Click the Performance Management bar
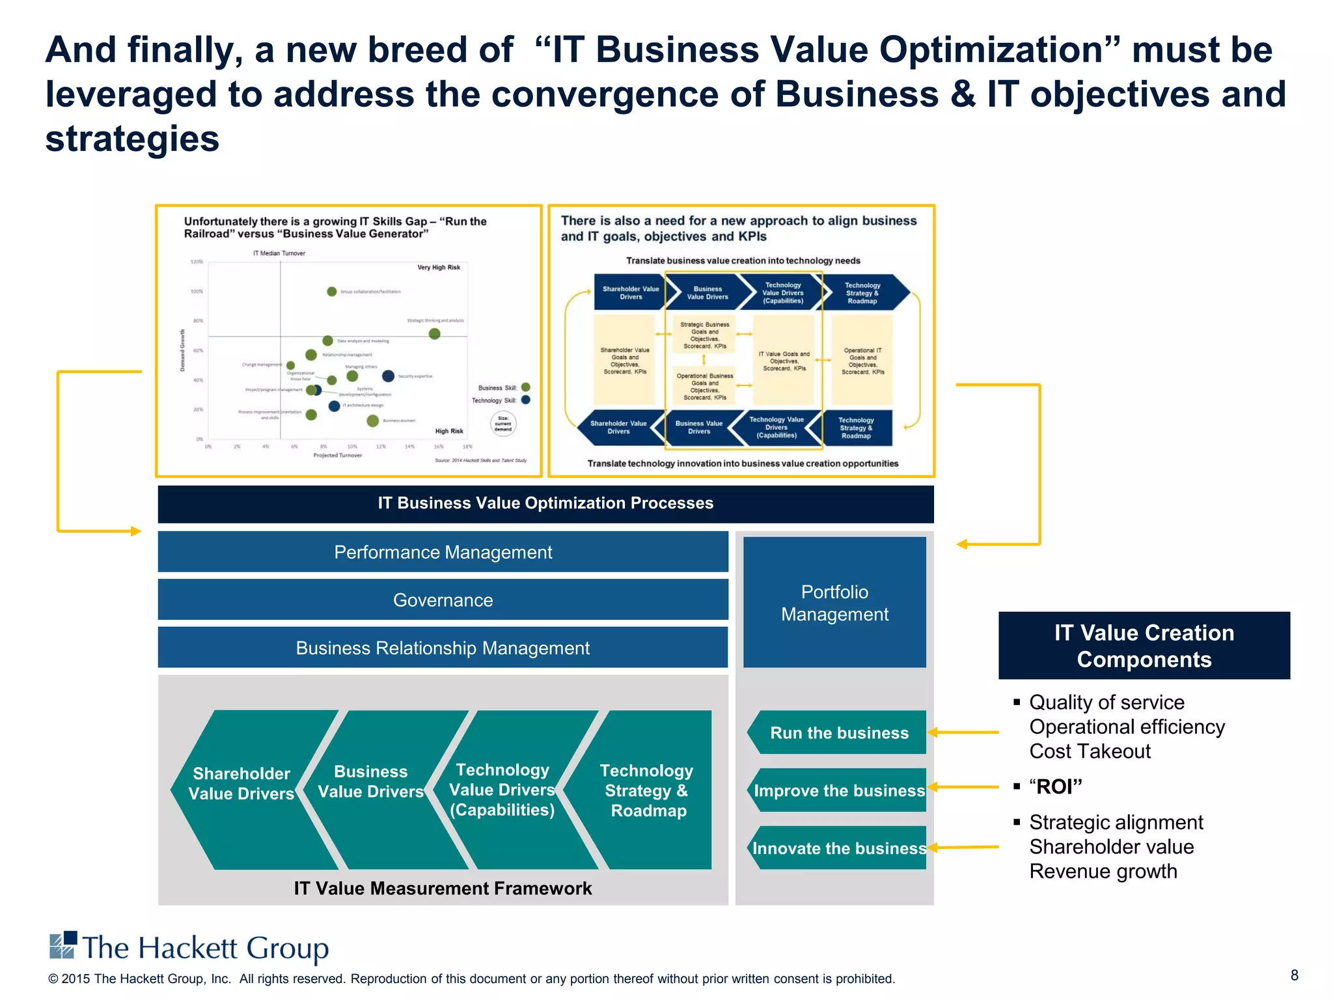[443, 552]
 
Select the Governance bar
[443, 600]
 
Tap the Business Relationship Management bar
[443, 648]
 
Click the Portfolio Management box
[834, 603]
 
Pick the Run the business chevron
[838, 732]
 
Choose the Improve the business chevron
[838, 790]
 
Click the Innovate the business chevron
[838, 848]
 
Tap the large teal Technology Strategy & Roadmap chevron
[647, 790]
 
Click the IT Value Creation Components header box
[1144, 645]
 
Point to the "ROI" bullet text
[1056, 786]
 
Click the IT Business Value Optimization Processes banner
[545, 503]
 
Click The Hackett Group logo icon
[63, 945]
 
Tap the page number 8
[1294, 975]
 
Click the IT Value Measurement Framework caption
[443, 888]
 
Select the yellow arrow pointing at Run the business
[963, 732]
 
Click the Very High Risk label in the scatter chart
[439, 268]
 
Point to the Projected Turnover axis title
[337, 455]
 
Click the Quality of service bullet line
[1106, 702]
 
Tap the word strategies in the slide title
[132, 139]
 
